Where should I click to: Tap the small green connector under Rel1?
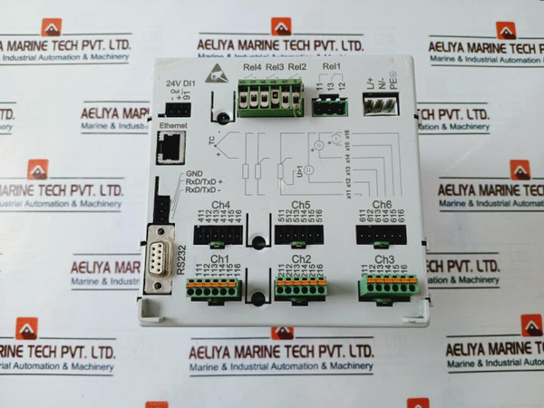coord(331,107)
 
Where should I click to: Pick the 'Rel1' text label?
coord(331,66)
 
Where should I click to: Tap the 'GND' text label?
coord(194,174)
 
